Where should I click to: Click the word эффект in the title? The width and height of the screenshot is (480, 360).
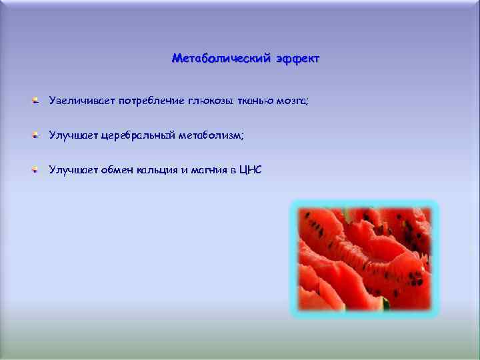pos(295,59)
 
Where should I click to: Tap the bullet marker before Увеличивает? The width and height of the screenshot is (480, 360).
pos(34,101)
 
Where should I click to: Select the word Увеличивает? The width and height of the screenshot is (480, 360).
pos(82,101)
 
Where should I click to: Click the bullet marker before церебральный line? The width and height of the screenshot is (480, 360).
pos(34,135)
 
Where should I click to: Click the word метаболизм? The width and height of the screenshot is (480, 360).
pos(212,135)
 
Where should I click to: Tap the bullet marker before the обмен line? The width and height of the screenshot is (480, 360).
pos(34,170)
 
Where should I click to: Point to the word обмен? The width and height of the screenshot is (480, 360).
pos(117,170)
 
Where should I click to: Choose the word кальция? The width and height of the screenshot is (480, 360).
pos(157,170)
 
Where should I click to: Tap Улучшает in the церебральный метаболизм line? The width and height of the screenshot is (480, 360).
pos(73,135)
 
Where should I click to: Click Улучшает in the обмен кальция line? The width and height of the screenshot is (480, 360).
pos(73,170)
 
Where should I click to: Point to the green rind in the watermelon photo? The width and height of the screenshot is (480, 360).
pos(385,305)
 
